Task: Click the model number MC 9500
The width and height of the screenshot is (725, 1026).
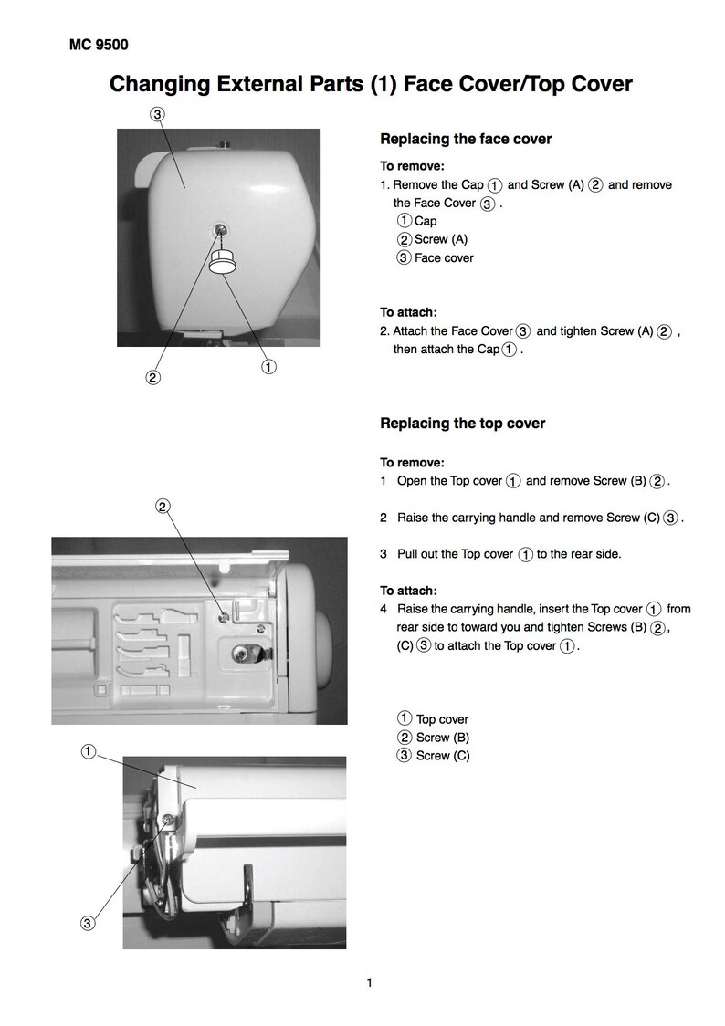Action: [x=99, y=45]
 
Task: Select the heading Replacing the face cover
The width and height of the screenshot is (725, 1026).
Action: [x=466, y=139]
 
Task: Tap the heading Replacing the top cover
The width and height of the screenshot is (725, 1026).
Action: [x=463, y=424]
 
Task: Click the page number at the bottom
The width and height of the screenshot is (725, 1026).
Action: [x=370, y=982]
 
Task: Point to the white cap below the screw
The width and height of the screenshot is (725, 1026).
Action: [x=223, y=265]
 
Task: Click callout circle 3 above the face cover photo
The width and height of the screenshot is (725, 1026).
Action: [x=157, y=114]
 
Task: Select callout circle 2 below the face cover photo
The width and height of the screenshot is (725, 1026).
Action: [x=152, y=378]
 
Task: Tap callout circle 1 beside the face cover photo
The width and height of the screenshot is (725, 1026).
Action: [x=268, y=367]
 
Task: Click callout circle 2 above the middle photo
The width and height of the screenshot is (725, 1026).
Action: [x=163, y=506]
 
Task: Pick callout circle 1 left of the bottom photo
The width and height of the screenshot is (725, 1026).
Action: [x=88, y=751]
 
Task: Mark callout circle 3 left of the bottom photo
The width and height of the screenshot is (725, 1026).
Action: [x=87, y=923]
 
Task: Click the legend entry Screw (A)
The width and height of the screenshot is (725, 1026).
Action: [x=433, y=239]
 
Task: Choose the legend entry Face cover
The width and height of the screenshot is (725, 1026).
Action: [x=436, y=257]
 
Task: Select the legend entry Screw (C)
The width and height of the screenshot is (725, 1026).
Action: [x=434, y=756]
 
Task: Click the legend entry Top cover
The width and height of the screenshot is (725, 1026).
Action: [x=433, y=719]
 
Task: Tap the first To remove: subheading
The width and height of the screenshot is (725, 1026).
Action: [x=412, y=166]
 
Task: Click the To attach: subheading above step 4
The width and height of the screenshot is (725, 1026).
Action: [x=408, y=591]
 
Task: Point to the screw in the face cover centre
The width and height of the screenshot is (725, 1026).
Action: [x=220, y=229]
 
